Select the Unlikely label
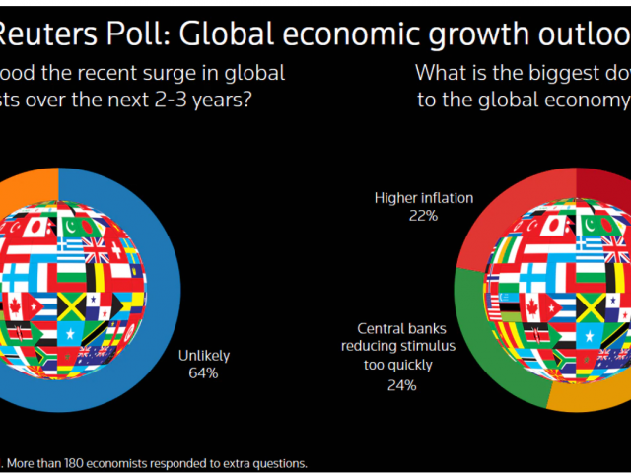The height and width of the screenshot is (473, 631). pyautogui.click(x=203, y=357)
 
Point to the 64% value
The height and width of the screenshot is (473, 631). pyautogui.click(x=203, y=373)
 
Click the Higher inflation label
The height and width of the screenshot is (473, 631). pyautogui.click(x=424, y=198)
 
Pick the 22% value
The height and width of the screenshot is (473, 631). pyautogui.click(x=424, y=215)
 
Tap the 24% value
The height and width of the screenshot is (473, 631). pyautogui.click(x=401, y=385)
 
